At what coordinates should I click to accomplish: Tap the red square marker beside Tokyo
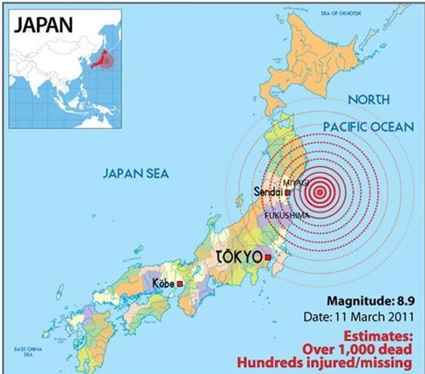coord(270,258)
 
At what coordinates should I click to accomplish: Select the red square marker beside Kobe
coord(179,284)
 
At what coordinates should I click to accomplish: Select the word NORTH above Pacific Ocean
coord(370,100)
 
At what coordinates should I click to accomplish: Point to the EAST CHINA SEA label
coord(19,350)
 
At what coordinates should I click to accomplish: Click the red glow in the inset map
coord(107,60)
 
